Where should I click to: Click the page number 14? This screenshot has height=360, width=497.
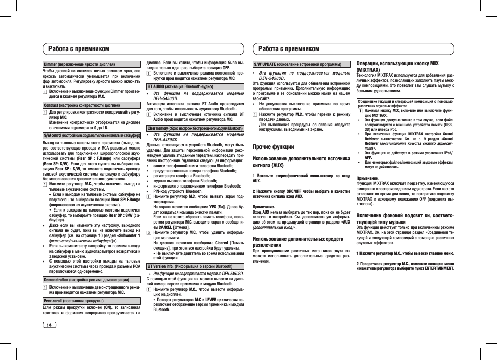pos(49,325)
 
